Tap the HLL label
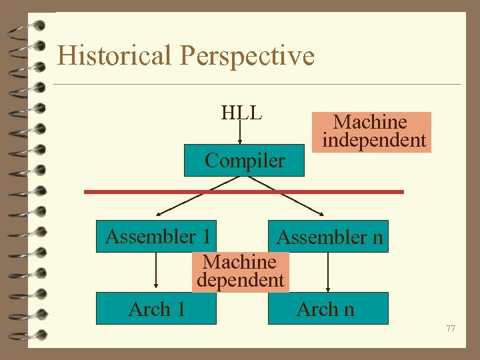pyautogui.click(x=241, y=113)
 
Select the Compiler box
pyautogui.click(x=245, y=161)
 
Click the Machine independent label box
pyautogui.click(x=373, y=131)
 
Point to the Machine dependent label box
pyautogui.click(x=241, y=271)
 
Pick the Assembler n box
pyautogui.click(x=329, y=237)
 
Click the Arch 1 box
pyautogui.click(x=156, y=309)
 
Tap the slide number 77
pyautogui.click(x=451, y=328)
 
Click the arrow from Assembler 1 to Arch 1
pyautogui.click(x=156, y=272)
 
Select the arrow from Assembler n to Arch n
pyautogui.click(x=328, y=272)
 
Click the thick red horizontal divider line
pyautogui.click(x=243, y=192)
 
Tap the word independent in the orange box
pyautogui.click(x=373, y=140)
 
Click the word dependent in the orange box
pyautogui.click(x=241, y=280)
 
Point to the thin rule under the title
pyautogui.click(x=257, y=84)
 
